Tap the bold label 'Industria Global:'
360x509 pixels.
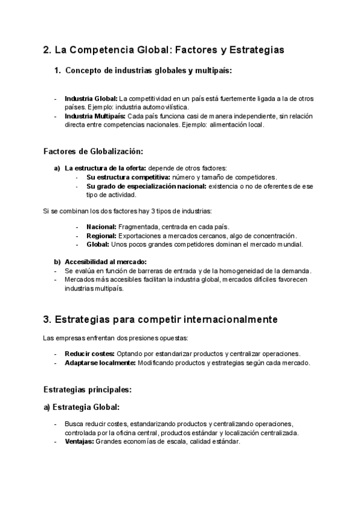click(91, 98)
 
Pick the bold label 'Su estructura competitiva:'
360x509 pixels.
click(128, 177)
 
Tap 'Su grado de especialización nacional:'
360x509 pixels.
click(146, 186)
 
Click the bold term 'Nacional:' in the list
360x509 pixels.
click(101, 227)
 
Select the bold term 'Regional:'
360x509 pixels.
click(102, 236)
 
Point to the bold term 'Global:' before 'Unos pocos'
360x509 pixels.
click(98, 244)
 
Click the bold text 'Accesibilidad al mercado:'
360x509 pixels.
click(106, 262)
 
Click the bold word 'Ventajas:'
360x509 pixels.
click(79, 442)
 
